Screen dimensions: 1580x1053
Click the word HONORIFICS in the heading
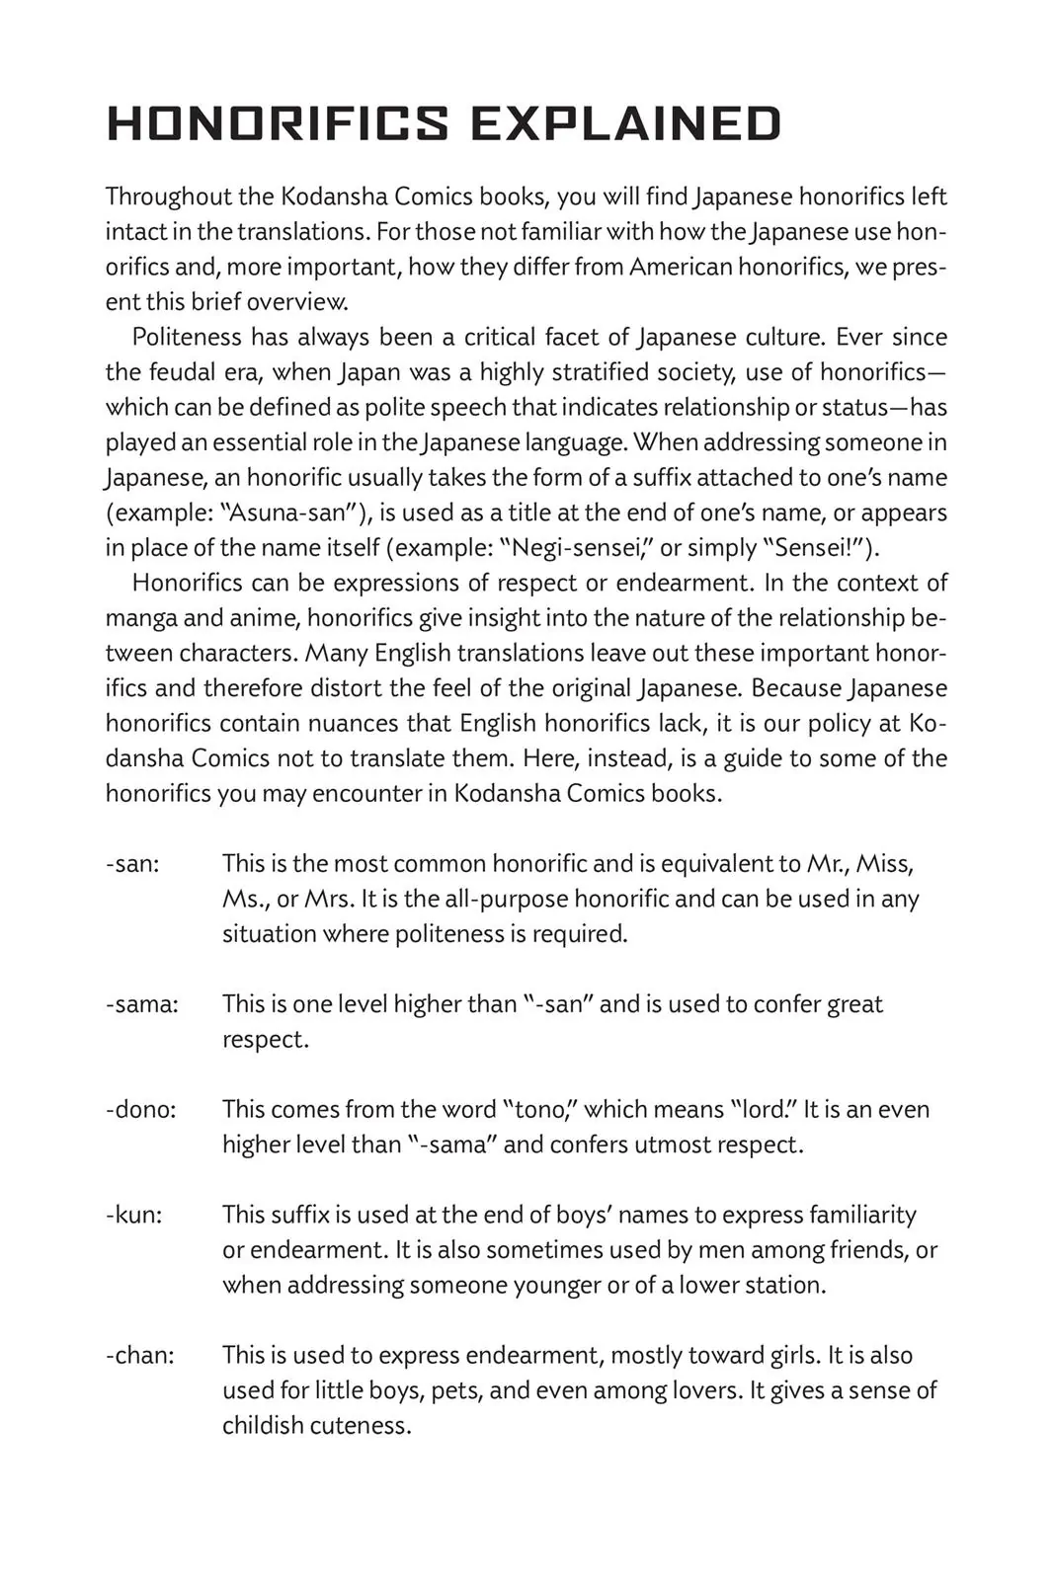pyautogui.click(x=278, y=124)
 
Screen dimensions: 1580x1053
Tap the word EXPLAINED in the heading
pyautogui.click(x=625, y=124)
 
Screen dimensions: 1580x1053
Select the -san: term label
pyautogui.click(x=132, y=864)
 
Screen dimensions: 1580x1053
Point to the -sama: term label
pyautogui.click(x=142, y=1004)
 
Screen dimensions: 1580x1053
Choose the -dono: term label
pyautogui.click(x=141, y=1110)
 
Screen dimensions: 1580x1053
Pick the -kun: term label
pyautogui.click(x=134, y=1215)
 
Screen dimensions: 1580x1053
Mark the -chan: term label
pyautogui.click(x=140, y=1355)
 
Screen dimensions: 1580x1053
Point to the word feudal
pyautogui.click(x=182, y=372)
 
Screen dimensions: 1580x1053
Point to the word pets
pyautogui.click(x=456, y=1390)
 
